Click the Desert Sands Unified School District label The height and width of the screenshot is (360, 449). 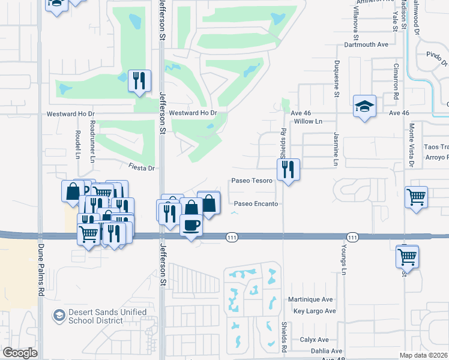tap(99, 316)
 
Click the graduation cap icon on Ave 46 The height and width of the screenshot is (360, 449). tap(364, 106)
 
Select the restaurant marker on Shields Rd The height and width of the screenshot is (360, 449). tap(289, 169)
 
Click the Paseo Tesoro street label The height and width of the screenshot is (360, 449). tap(253, 181)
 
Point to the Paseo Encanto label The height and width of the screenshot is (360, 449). tap(256, 204)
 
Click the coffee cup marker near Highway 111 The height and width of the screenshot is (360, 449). tap(191, 226)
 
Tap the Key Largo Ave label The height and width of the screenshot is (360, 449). tap(314, 311)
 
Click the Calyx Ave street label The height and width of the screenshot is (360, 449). tap(314, 340)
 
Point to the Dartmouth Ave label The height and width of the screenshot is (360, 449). tap(366, 44)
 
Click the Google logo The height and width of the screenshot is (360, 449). tap(20, 353)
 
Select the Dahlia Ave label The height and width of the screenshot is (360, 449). tap(327, 352)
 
